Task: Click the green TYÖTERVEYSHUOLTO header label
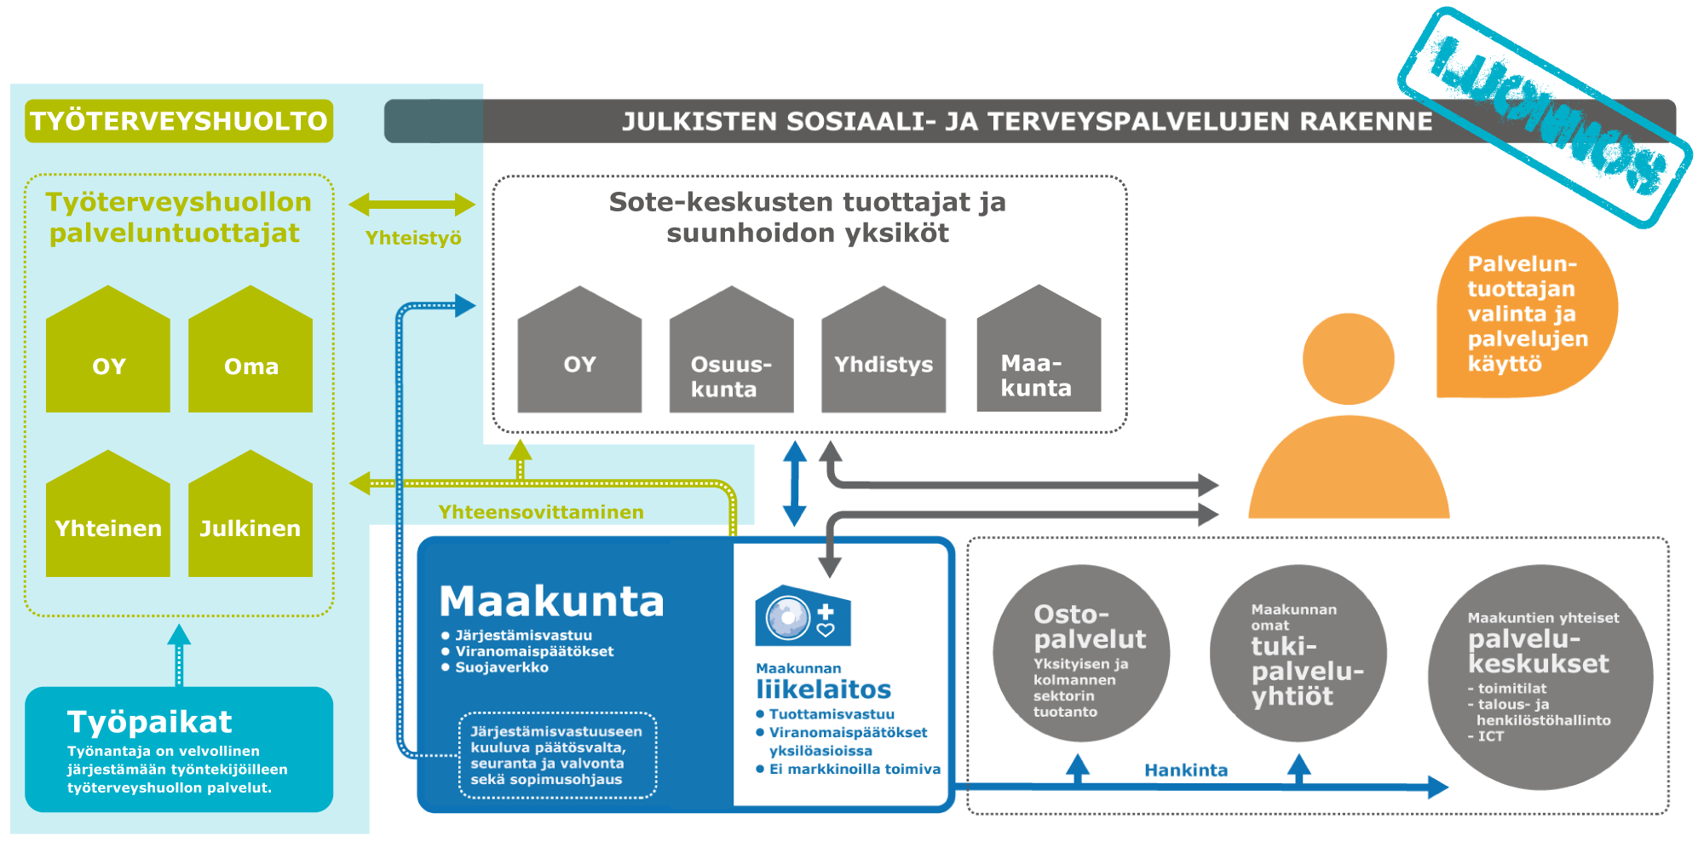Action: pyautogui.click(x=179, y=121)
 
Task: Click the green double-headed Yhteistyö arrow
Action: pyautogui.click(x=412, y=205)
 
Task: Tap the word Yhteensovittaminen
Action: pyautogui.click(x=541, y=512)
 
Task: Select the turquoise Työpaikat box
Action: pyautogui.click(x=179, y=750)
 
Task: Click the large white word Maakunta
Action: pyautogui.click(x=551, y=602)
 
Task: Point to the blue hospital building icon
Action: pyautogui.click(x=803, y=615)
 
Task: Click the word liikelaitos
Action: pyautogui.click(x=823, y=689)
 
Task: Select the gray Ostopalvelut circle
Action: pyautogui.click(x=1081, y=654)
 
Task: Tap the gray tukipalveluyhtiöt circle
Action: pyautogui.click(x=1298, y=654)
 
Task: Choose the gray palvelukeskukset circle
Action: pyautogui.click(x=1540, y=678)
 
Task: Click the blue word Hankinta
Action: pyautogui.click(x=1186, y=770)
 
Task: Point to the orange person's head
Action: pyautogui.click(x=1348, y=359)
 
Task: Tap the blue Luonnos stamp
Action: pyautogui.click(x=1545, y=117)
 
